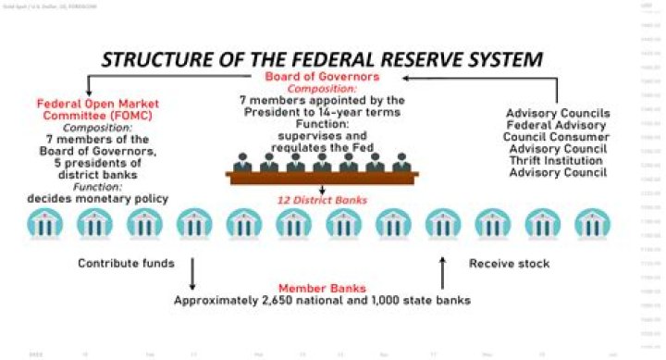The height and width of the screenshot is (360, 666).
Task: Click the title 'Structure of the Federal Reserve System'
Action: click(321, 60)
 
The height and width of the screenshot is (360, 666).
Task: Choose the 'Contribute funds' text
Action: click(127, 264)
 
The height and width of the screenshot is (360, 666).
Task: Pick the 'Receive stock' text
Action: click(509, 264)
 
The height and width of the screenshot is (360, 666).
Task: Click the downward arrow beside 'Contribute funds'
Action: click(192, 273)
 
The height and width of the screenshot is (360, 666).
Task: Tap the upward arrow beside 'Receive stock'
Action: click(442, 272)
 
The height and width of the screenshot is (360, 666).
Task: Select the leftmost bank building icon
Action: click(43, 224)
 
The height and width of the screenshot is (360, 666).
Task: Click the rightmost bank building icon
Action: click(591, 224)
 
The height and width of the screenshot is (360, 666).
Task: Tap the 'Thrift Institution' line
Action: click(558, 161)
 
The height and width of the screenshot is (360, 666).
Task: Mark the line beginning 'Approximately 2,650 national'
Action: click(322, 301)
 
